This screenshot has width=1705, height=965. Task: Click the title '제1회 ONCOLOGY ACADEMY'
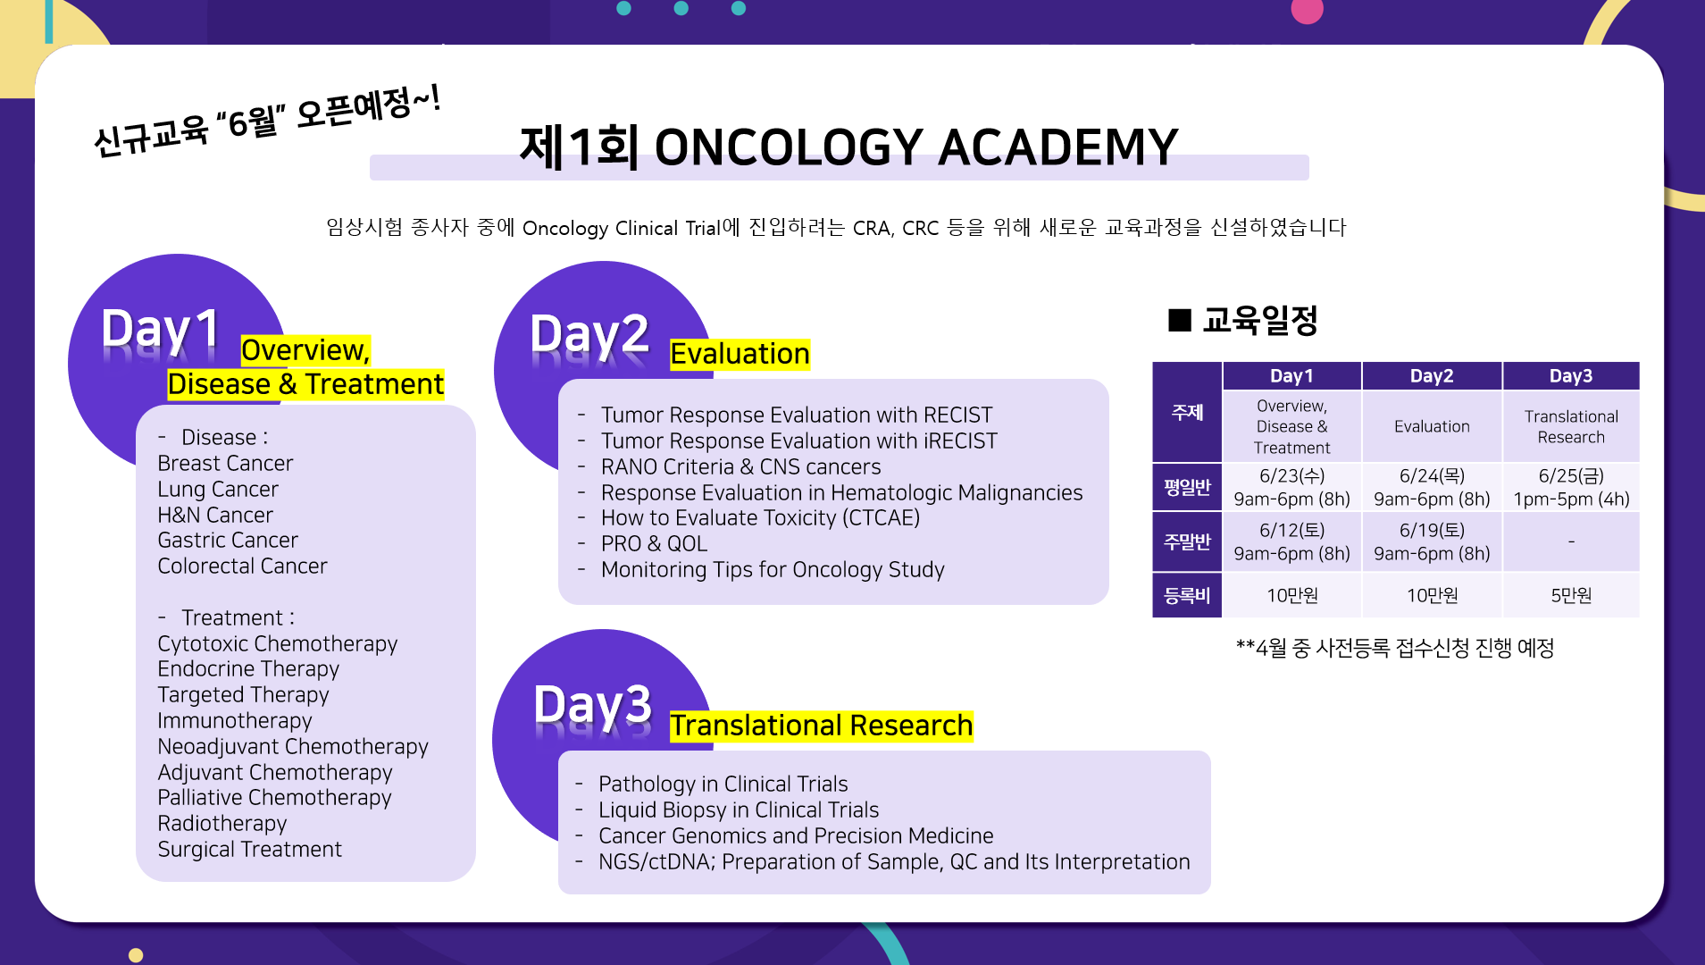click(x=848, y=147)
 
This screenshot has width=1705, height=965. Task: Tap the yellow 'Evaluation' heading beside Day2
click(x=740, y=354)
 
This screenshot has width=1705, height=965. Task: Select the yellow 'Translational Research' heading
click(x=821, y=726)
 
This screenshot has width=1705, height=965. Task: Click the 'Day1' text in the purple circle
click(x=161, y=329)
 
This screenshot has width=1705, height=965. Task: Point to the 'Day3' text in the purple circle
click(x=593, y=706)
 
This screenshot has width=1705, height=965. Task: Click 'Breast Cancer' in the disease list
click(x=225, y=463)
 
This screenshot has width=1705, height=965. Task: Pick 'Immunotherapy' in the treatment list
click(x=235, y=720)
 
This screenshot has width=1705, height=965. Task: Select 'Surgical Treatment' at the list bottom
click(x=250, y=849)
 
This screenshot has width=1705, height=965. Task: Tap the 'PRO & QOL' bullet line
click(x=654, y=543)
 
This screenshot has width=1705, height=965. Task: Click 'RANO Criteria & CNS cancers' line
click(x=740, y=466)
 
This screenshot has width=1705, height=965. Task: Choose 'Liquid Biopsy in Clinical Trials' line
click(x=739, y=810)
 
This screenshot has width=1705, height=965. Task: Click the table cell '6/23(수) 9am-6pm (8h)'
click(x=1291, y=487)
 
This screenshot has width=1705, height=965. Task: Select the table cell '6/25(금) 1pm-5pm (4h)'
click(x=1571, y=487)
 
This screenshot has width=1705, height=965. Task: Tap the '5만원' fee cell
click(x=1571, y=595)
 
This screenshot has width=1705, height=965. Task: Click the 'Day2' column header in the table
click(x=1432, y=376)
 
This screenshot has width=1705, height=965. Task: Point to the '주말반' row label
click(x=1187, y=541)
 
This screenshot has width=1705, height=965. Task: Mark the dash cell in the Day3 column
click(x=1571, y=541)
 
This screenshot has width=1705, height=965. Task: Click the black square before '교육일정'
click(x=1180, y=320)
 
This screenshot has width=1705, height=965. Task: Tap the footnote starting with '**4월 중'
click(x=1395, y=648)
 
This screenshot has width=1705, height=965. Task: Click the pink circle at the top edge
click(x=1307, y=11)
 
